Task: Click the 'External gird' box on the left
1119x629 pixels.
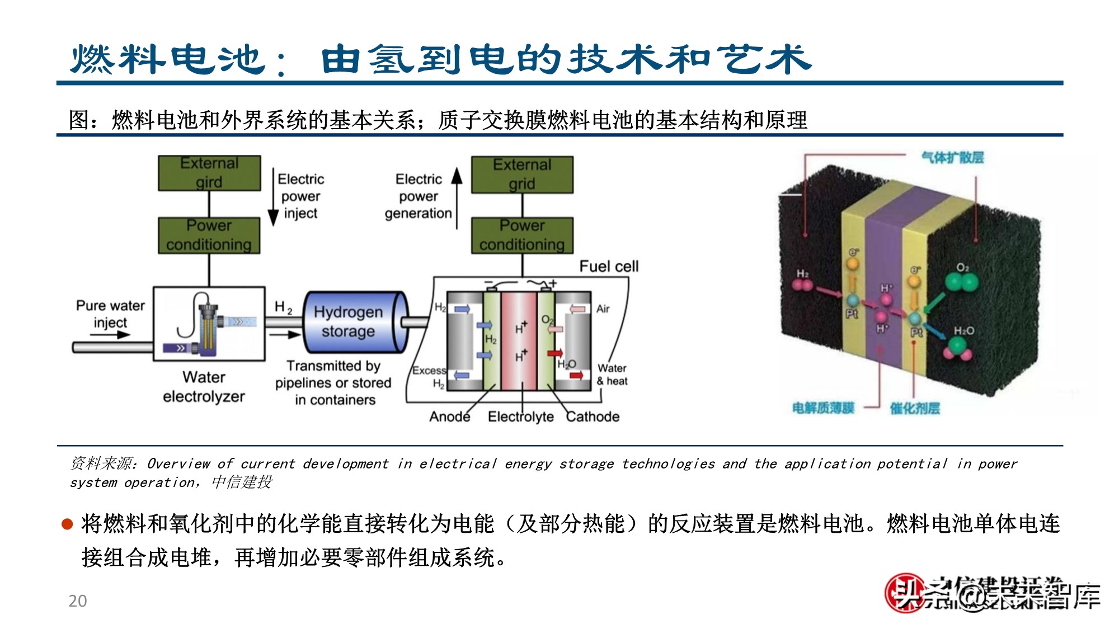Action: coord(209,173)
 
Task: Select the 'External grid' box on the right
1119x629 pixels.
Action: coord(522,175)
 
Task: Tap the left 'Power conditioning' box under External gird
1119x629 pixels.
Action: coord(209,235)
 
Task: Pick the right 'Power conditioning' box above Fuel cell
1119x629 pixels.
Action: coord(522,235)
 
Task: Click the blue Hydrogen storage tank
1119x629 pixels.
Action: coord(352,322)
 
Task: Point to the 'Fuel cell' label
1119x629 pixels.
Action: coord(609,266)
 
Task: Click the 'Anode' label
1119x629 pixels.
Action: coord(449,417)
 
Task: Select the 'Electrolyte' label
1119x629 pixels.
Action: coord(520,417)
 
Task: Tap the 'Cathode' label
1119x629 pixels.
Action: coord(593,417)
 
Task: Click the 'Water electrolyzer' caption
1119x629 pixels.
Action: coord(204,386)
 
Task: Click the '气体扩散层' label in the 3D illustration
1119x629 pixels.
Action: coord(952,158)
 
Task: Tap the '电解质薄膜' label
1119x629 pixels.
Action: coord(823,408)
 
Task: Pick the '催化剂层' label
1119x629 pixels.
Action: coord(915,409)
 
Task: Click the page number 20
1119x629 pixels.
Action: coord(78,601)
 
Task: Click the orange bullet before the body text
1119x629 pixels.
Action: coord(67,524)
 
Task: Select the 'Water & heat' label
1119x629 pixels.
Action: coord(612,375)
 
